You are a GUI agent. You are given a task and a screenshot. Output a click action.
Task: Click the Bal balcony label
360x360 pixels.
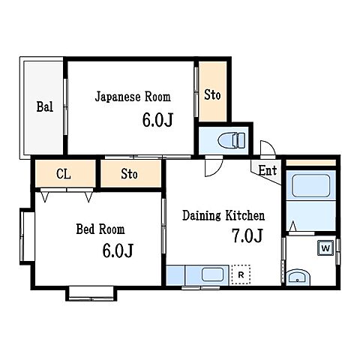coord(44,106)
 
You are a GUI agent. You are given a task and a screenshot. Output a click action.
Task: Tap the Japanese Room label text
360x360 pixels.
coord(132,97)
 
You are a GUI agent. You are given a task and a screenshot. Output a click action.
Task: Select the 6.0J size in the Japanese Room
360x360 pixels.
coord(157,119)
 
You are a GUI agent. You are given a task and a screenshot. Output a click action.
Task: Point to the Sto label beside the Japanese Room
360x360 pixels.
coord(212,95)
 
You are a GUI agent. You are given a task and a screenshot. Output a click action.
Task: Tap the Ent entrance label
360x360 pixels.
coord(267,171)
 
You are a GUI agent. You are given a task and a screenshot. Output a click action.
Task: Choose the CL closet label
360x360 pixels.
coord(64,175)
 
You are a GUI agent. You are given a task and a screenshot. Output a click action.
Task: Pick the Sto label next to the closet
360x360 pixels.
coord(130,175)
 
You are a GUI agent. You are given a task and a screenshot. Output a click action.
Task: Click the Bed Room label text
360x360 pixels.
coord(99,229)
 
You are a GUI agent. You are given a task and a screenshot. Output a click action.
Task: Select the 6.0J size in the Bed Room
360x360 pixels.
coord(118,250)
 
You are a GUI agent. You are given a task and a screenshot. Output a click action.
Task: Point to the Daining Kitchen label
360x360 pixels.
coord(223,216)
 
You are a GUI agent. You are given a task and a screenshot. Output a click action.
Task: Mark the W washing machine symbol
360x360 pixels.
coord(326,247)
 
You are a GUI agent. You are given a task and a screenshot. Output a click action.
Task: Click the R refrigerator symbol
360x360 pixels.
coord(241,274)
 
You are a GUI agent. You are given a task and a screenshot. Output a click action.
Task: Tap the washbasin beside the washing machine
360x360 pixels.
coord(298,277)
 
